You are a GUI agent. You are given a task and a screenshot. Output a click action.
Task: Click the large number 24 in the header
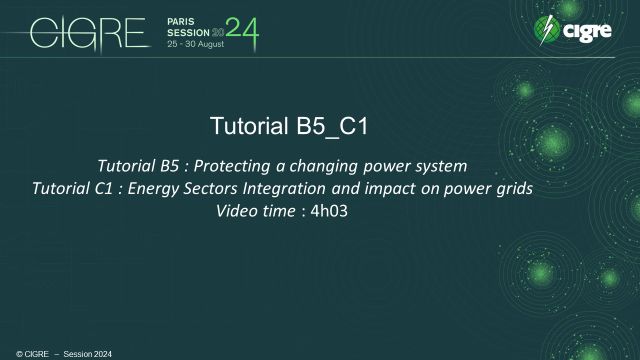tap(241, 33)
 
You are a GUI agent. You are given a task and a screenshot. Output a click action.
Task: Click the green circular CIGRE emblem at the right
tap(547, 32)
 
